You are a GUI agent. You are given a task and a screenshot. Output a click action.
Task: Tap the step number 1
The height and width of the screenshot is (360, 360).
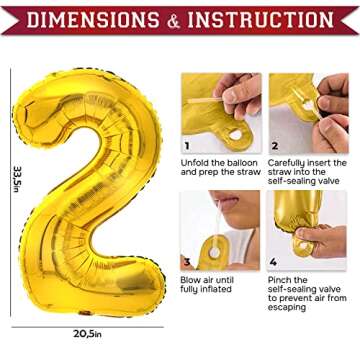pyautogui.click(x=187, y=145)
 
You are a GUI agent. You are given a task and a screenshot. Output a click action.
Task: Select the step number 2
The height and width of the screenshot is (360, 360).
pyautogui.click(x=274, y=145)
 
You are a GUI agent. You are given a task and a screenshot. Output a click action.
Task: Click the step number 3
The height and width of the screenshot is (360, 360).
pyautogui.click(x=187, y=263)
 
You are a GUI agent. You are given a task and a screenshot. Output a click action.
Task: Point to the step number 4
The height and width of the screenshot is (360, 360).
pyautogui.click(x=274, y=263)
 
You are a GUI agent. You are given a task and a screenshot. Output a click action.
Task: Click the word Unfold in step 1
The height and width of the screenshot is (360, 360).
pyautogui.click(x=197, y=162)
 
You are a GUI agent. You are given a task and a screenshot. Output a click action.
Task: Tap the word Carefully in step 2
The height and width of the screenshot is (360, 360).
pyautogui.click(x=290, y=162)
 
